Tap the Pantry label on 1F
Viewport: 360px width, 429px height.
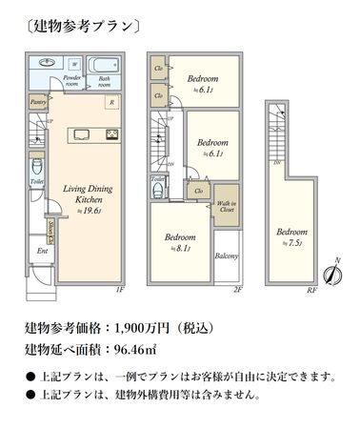(x=38, y=99)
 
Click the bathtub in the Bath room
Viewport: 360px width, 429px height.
(x=105, y=65)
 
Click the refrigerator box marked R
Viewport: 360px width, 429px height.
(x=112, y=103)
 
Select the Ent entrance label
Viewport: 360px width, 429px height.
(x=41, y=251)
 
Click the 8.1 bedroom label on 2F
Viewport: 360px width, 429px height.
(x=179, y=241)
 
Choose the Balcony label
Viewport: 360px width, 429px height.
(x=226, y=255)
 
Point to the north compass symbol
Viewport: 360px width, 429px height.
(x=329, y=272)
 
